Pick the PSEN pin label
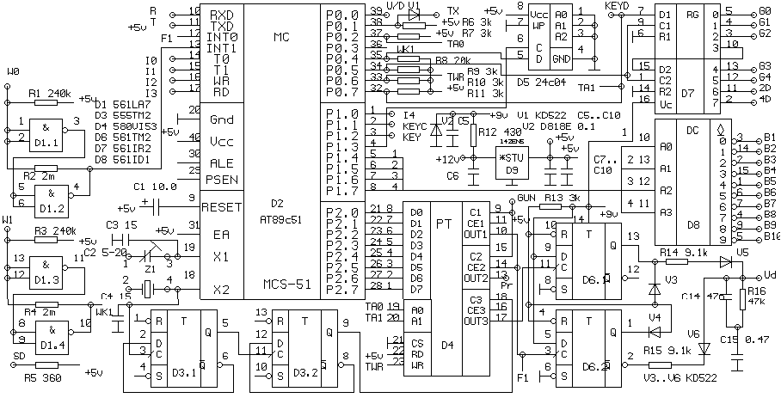pos(220,179)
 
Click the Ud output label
pos(772,276)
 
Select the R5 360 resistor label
pos(40,377)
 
